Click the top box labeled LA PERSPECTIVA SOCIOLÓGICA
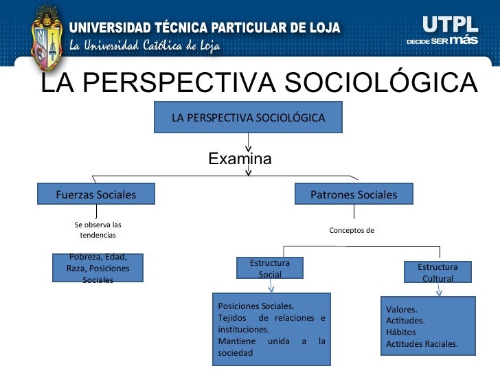click(248, 117)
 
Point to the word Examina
click(240, 159)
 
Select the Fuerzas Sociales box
click(96, 194)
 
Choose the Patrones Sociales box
click(354, 194)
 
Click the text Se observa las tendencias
click(98, 229)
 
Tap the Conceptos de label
click(352, 230)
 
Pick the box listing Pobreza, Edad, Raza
click(98, 268)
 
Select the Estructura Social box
click(270, 268)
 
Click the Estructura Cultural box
click(437, 272)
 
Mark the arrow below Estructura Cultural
click(439, 290)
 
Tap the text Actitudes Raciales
click(422, 343)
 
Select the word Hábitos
click(401, 332)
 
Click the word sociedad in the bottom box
click(235, 353)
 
